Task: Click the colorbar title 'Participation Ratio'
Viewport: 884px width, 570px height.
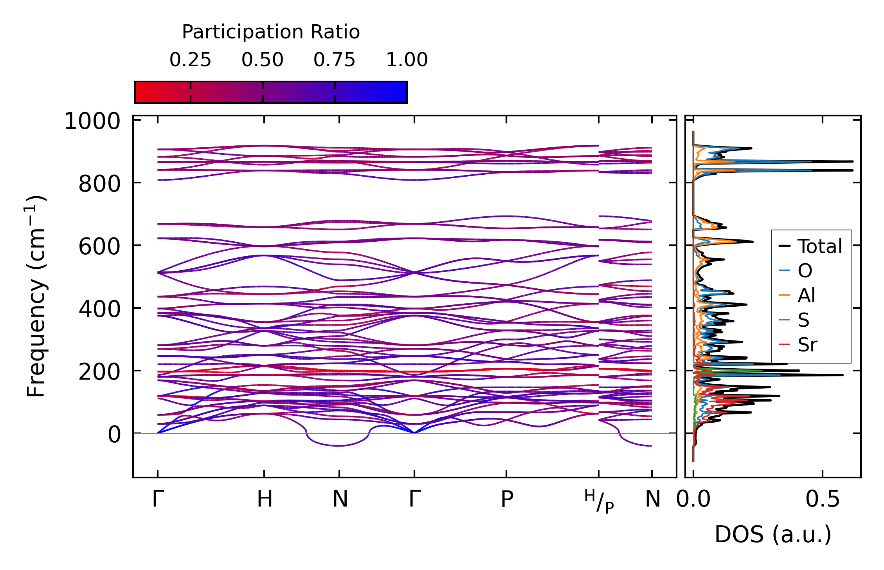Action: click(271, 32)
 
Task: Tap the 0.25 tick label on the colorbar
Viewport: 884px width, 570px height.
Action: click(190, 60)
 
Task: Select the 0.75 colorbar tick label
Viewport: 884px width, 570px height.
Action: click(334, 60)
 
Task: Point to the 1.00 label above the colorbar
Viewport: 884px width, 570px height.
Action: click(407, 60)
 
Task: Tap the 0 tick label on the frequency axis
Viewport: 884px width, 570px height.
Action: click(114, 435)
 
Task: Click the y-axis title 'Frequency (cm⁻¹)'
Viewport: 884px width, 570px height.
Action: click(36, 296)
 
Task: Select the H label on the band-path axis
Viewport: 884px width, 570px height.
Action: click(265, 499)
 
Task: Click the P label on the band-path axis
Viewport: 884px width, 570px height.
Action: click(507, 499)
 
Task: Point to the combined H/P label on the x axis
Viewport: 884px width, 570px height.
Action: click(599, 501)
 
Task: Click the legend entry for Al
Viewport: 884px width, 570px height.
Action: click(807, 295)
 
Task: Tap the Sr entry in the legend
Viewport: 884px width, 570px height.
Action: click(807, 345)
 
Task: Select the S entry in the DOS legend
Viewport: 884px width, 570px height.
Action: click(803, 320)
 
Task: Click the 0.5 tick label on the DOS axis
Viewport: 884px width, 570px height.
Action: click(823, 499)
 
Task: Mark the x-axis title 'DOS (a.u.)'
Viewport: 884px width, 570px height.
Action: click(773, 535)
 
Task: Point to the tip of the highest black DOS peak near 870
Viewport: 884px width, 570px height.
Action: click(853, 161)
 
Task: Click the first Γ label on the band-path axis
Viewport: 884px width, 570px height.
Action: click(158, 499)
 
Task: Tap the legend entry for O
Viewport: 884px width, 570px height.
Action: click(805, 271)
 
